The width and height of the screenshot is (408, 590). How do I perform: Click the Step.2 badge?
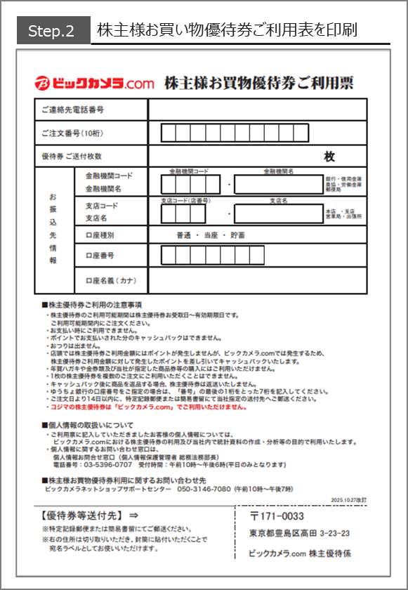pos(51,32)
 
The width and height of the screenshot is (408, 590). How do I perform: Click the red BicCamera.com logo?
pos(94,84)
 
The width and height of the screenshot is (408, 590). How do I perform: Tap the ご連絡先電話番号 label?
pos(72,110)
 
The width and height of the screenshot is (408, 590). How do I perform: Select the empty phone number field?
pos(257,110)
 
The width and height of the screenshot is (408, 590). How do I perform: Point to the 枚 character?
pos(329,157)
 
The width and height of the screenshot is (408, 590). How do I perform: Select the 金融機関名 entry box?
pos(278,185)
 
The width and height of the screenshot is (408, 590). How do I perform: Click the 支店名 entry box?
pos(278,213)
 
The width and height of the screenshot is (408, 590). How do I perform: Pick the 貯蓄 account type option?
pos(237,235)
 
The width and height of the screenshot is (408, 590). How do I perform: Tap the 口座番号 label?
pos(99,256)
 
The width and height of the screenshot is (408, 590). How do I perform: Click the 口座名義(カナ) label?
pos(110,280)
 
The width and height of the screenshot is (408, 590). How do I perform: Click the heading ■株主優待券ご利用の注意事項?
pos(92,305)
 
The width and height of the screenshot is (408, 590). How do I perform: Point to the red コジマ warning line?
pos(147,407)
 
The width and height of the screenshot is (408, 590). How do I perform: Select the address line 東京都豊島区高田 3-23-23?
pos(300,533)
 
